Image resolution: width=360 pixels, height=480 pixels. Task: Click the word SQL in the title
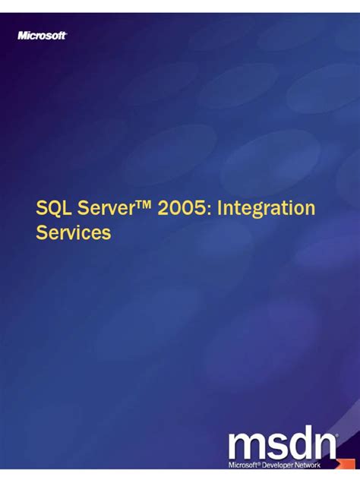coord(53,208)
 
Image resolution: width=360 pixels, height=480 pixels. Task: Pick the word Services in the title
coord(74,232)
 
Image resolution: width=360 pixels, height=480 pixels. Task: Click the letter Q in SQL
coord(52,208)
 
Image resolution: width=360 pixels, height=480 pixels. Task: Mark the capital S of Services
coord(43,232)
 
